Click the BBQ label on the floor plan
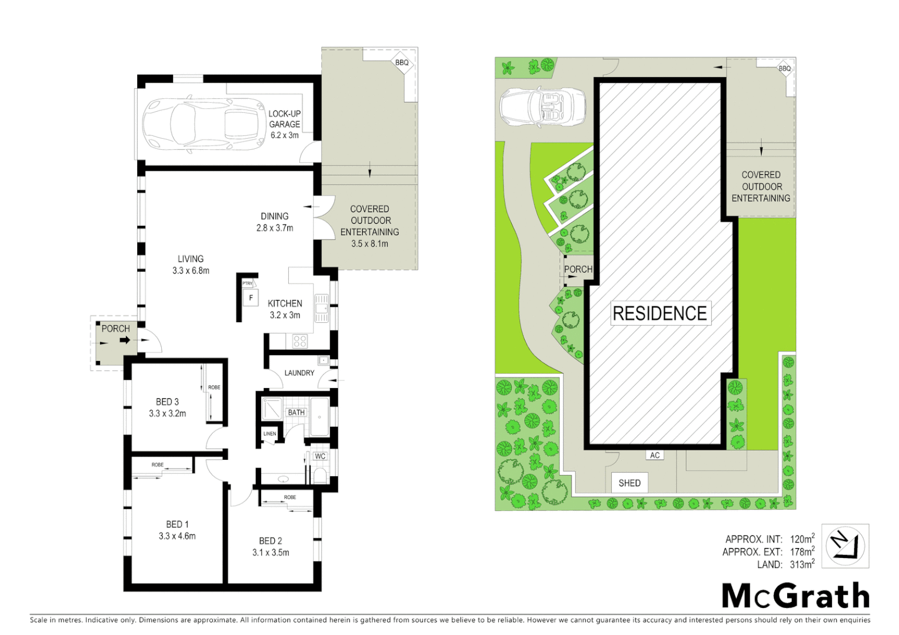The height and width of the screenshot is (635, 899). [x=402, y=63]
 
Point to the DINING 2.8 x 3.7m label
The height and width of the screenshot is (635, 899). [x=275, y=222]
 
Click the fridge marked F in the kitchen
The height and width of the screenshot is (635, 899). [x=251, y=298]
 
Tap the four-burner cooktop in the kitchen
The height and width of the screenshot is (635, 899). [x=299, y=341]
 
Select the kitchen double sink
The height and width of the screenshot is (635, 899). [x=321, y=308]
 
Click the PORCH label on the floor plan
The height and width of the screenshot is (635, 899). [x=115, y=329]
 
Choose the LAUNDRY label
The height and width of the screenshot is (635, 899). [x=299, y=373]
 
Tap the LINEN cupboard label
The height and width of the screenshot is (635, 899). [x=269, y=434]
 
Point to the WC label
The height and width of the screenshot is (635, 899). [x=320, y=456]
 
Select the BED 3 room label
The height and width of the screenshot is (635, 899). [x=167, y=402]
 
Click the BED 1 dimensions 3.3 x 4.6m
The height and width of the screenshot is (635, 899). [x=177, y=536]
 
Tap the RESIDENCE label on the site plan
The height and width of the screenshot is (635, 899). [x=660, y=313]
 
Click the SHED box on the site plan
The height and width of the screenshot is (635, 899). [x=630, y=483]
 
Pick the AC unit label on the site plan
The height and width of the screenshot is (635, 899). [x=655, y=455]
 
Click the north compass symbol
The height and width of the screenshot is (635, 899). [x=845, y=546]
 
